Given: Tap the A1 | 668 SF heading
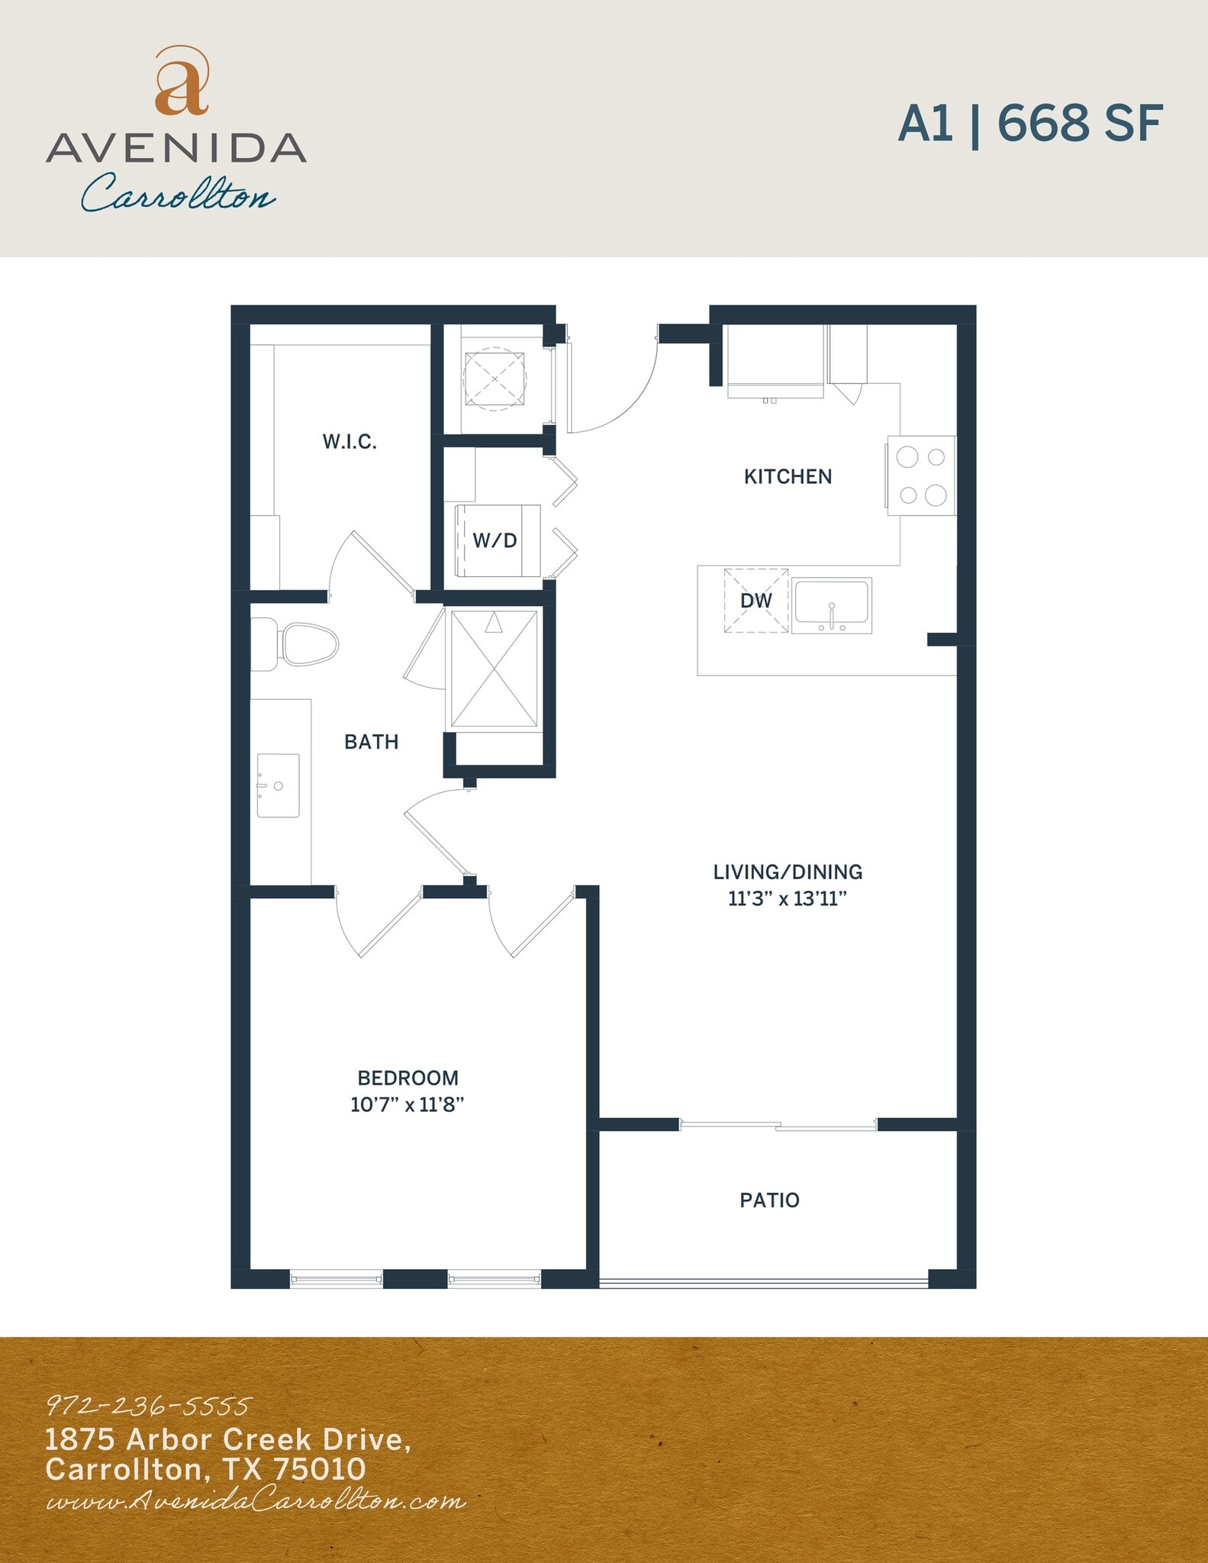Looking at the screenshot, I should click(x=1030, y=124).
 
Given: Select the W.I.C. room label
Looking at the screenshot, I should click(x=350, y=442).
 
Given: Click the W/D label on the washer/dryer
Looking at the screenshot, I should click(x=495, y=541).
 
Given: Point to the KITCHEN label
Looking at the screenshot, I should click(x=788, y=477).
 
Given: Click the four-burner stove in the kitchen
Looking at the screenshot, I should click(x=921, y=475).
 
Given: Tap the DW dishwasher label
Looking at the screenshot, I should click(x=756, y=601).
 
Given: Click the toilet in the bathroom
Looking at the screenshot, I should click(x=301, y=644).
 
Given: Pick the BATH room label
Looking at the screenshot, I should click(x=372, y=742).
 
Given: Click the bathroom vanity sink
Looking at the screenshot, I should click(x=279, y=785).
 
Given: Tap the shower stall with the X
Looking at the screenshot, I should click(x=494, y=669).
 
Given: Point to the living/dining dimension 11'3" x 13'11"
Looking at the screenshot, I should click(x=788, y=899).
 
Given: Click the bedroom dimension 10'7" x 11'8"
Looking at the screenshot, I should click(x=407, y=1104).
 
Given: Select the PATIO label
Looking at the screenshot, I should click(x=769, y=1200).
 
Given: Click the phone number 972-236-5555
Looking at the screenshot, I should click(x=149, y=1406).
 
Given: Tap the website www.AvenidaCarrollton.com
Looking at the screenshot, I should click(x=256, y=1501).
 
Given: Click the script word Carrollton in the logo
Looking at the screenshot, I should click(x=179, y=194).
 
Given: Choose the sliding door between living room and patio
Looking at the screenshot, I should click(x=778, y=1125).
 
